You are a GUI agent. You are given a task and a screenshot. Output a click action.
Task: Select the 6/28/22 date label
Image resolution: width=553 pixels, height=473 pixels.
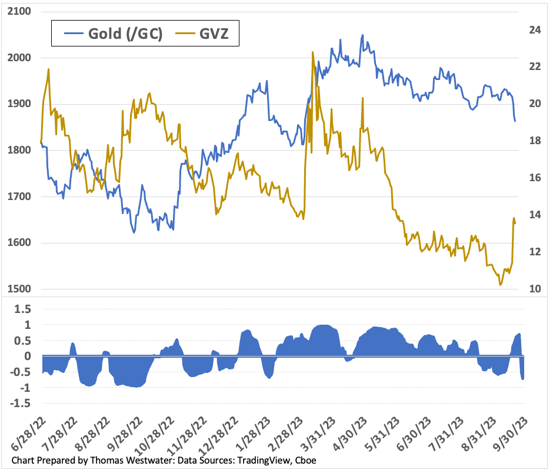tap(26, 435)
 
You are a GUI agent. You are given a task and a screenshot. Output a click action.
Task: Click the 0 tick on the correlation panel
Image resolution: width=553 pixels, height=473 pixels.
tap(28, 357)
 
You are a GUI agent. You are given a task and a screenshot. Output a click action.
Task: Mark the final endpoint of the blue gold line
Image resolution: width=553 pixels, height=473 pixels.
tap(515, 121)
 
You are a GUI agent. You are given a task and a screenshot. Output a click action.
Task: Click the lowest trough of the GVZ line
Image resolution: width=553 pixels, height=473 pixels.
tap(500, 285)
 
